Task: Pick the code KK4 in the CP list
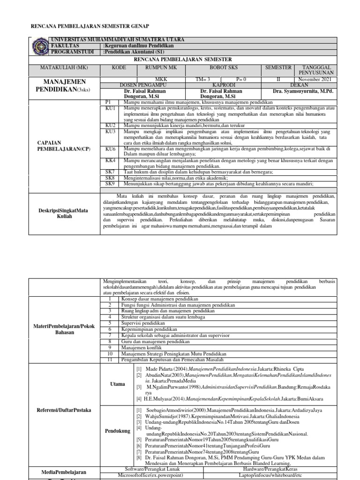pos(110,160)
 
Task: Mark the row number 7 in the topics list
pos(109,335)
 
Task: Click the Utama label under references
pos(117,384)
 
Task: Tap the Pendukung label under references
pos(118,430)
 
